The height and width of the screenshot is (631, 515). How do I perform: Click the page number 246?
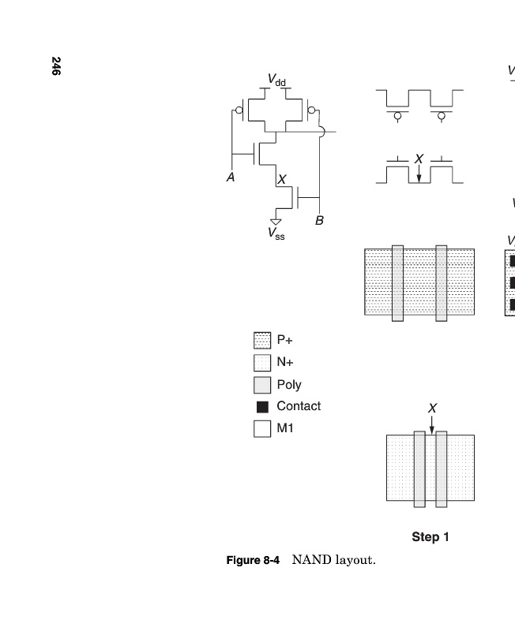(x=56, y=66)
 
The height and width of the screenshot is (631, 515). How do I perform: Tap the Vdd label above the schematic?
(x=276, y=80)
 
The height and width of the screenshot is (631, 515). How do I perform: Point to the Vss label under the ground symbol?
(x=276, y=233)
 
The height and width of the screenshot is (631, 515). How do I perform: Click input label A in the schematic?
(x=231, y=177)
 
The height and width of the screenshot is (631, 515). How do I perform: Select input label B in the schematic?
(x=319, y=221)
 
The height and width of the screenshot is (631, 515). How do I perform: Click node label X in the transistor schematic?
(x=282, y=180)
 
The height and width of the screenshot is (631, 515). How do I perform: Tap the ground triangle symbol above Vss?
(x=276, y=222)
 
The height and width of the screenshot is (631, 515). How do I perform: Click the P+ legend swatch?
(x=262, y=341)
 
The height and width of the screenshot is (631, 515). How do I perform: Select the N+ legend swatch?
(x=262, y=363)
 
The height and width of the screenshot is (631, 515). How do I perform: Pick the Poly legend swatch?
(x=262, y=385)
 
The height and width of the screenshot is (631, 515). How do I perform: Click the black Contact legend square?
(x=262, y=407)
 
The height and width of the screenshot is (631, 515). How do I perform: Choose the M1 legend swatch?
(x=262, y=428)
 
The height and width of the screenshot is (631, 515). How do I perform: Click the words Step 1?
(x=430, y=537)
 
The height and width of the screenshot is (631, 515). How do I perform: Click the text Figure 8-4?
(x=253, y=560)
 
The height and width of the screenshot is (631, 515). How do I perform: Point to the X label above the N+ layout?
(x=432, y=409)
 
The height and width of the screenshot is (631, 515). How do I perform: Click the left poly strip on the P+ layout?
(x=398, y=283)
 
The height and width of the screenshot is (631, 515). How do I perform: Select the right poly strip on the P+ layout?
(x=442, y=283)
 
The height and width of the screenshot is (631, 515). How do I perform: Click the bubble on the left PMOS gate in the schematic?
(x=239, y=110)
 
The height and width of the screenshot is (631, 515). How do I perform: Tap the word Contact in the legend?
(x=299, y=406)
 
